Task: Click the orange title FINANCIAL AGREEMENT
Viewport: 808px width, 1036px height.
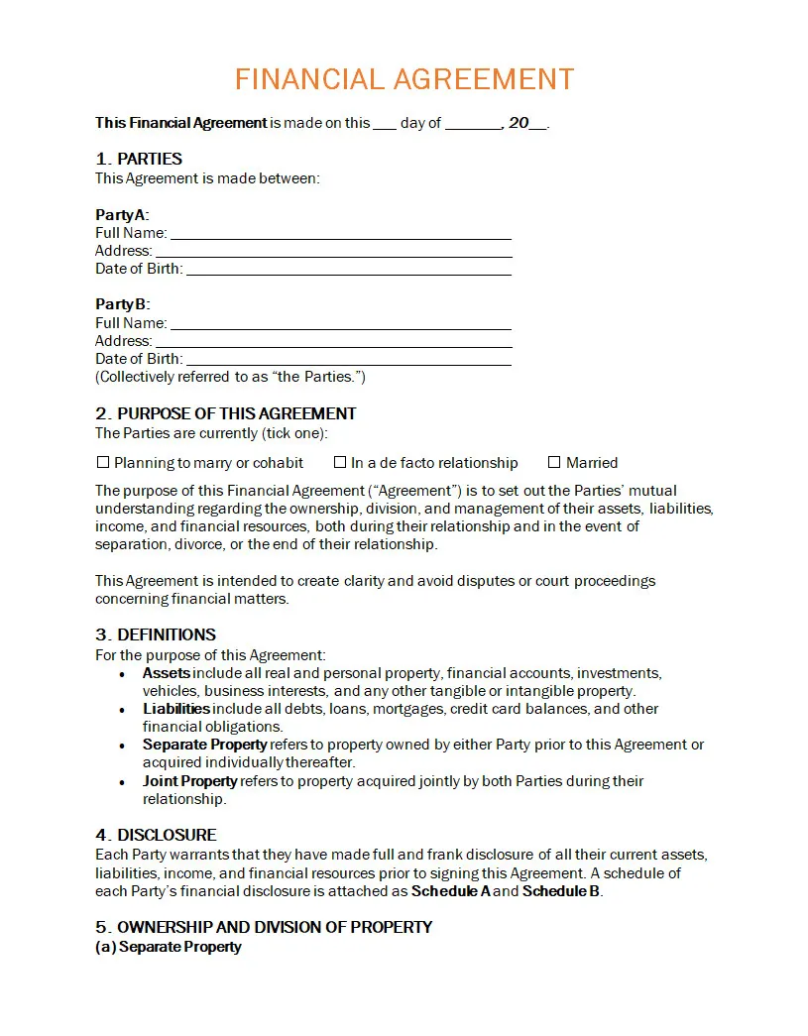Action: click(x=404, y=79)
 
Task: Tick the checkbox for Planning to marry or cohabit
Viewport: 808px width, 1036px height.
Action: click(x=103, y=462)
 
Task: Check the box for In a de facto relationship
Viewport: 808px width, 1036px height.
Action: click(x=340, y=462)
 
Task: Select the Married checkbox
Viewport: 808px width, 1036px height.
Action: click(x=554, y=462)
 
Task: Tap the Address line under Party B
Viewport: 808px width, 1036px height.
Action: click(x=333, y=341)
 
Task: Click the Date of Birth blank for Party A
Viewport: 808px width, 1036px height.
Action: click(x=348, y=270)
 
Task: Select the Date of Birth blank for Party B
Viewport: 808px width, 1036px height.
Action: click(x=348, y=359)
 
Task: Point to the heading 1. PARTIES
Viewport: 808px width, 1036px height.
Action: click(x=139, y=159)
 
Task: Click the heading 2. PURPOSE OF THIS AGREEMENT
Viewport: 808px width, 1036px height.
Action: click(x=226, y=413)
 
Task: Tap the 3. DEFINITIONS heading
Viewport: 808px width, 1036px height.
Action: click(x=156, y=634)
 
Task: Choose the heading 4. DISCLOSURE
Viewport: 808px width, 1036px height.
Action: click(x=156, y=835)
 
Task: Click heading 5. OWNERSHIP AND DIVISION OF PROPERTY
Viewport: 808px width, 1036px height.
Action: click(x=264, y=927)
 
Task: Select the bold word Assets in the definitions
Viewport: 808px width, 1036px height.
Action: click(x=167, y=673)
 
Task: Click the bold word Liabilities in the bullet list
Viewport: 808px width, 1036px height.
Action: click(x=176, y=709)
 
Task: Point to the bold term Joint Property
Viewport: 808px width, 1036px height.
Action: click(x=190, y=781)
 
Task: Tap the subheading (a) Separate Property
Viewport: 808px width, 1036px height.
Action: click(x=169, y=947)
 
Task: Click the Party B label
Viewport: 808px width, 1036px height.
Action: click(x=121, y=304)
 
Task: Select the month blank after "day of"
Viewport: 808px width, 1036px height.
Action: click(x=473, y=124)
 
